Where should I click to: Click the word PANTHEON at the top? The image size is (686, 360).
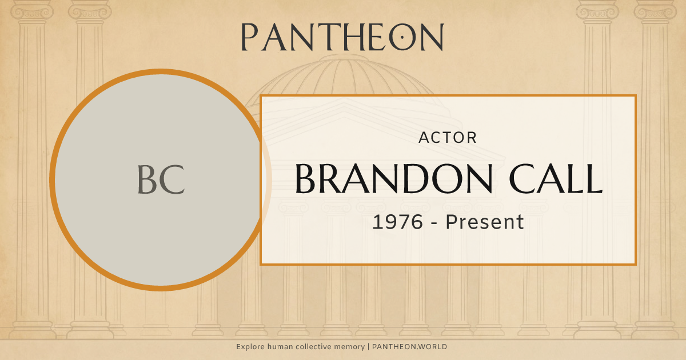point(342,37)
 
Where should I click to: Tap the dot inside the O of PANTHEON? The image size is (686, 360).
point(402,38)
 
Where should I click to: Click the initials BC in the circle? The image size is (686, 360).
point(161,179)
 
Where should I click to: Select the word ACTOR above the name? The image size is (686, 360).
point(448,138)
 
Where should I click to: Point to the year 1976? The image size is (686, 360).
point(398,222)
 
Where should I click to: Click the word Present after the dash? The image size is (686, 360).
point(485,222)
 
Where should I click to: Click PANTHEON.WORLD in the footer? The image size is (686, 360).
point(409,347)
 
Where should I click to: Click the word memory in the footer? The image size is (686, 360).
point(349,347)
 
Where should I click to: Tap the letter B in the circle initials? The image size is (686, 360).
point(147,179)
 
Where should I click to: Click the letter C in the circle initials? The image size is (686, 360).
point(173,179)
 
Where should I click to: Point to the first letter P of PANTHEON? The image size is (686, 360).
point(249,37)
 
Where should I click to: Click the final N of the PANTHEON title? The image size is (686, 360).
point(432,37)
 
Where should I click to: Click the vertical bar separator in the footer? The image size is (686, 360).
point(368,347)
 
